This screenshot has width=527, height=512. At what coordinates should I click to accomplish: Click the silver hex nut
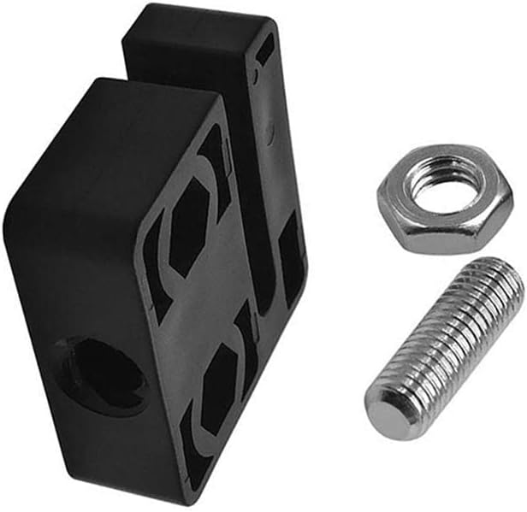444,198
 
